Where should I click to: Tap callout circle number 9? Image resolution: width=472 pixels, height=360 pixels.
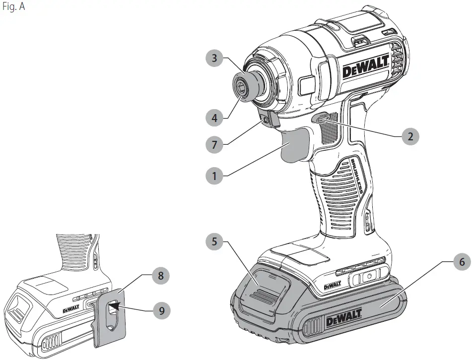point(160,311)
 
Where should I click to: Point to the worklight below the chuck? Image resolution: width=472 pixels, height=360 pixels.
point(269,119)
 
